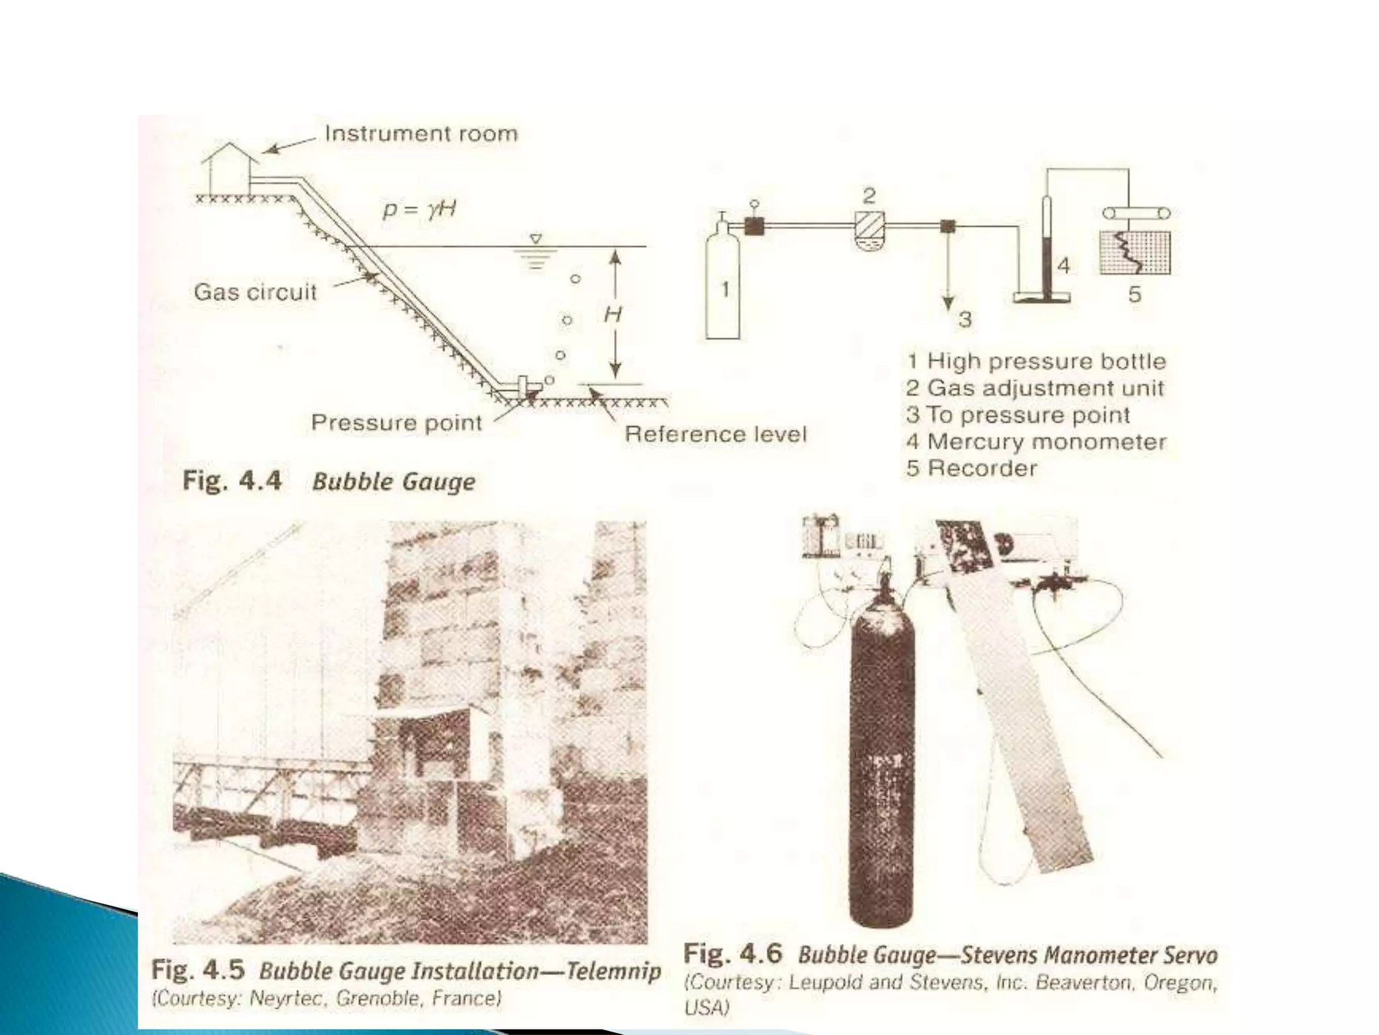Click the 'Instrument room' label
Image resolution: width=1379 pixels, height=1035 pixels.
pos(421,133)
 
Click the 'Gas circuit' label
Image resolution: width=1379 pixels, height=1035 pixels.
pos(255,292)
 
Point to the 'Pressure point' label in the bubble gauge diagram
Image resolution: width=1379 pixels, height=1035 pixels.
pos(397,422)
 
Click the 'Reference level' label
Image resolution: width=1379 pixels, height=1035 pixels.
pos(715,434)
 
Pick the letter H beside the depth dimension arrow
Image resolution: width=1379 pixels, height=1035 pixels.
pos(612,314)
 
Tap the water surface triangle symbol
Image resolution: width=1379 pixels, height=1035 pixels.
pos(535,239)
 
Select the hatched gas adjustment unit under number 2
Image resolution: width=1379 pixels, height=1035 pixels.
pos(869,229)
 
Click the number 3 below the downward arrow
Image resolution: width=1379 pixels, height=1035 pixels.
pos(965,319)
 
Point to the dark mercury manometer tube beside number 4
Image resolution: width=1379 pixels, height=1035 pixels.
pos(1046,249)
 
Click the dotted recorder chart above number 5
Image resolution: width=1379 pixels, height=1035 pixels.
pos(1135,252)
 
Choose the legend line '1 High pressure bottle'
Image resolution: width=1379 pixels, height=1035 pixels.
pos(1036,361)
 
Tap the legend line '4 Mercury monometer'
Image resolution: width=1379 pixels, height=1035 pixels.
pos(1036,442)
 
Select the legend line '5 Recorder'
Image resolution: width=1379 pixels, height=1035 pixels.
pos(972,468)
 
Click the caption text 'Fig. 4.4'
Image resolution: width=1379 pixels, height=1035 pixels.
pos(232,481)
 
